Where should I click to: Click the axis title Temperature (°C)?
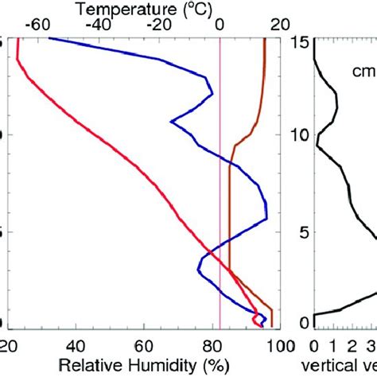(x=145, y=9)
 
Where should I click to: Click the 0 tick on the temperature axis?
(x=220, y=25)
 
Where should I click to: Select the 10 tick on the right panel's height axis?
(x=300, y=136)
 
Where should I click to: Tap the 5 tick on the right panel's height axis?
(x=303, y=232)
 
